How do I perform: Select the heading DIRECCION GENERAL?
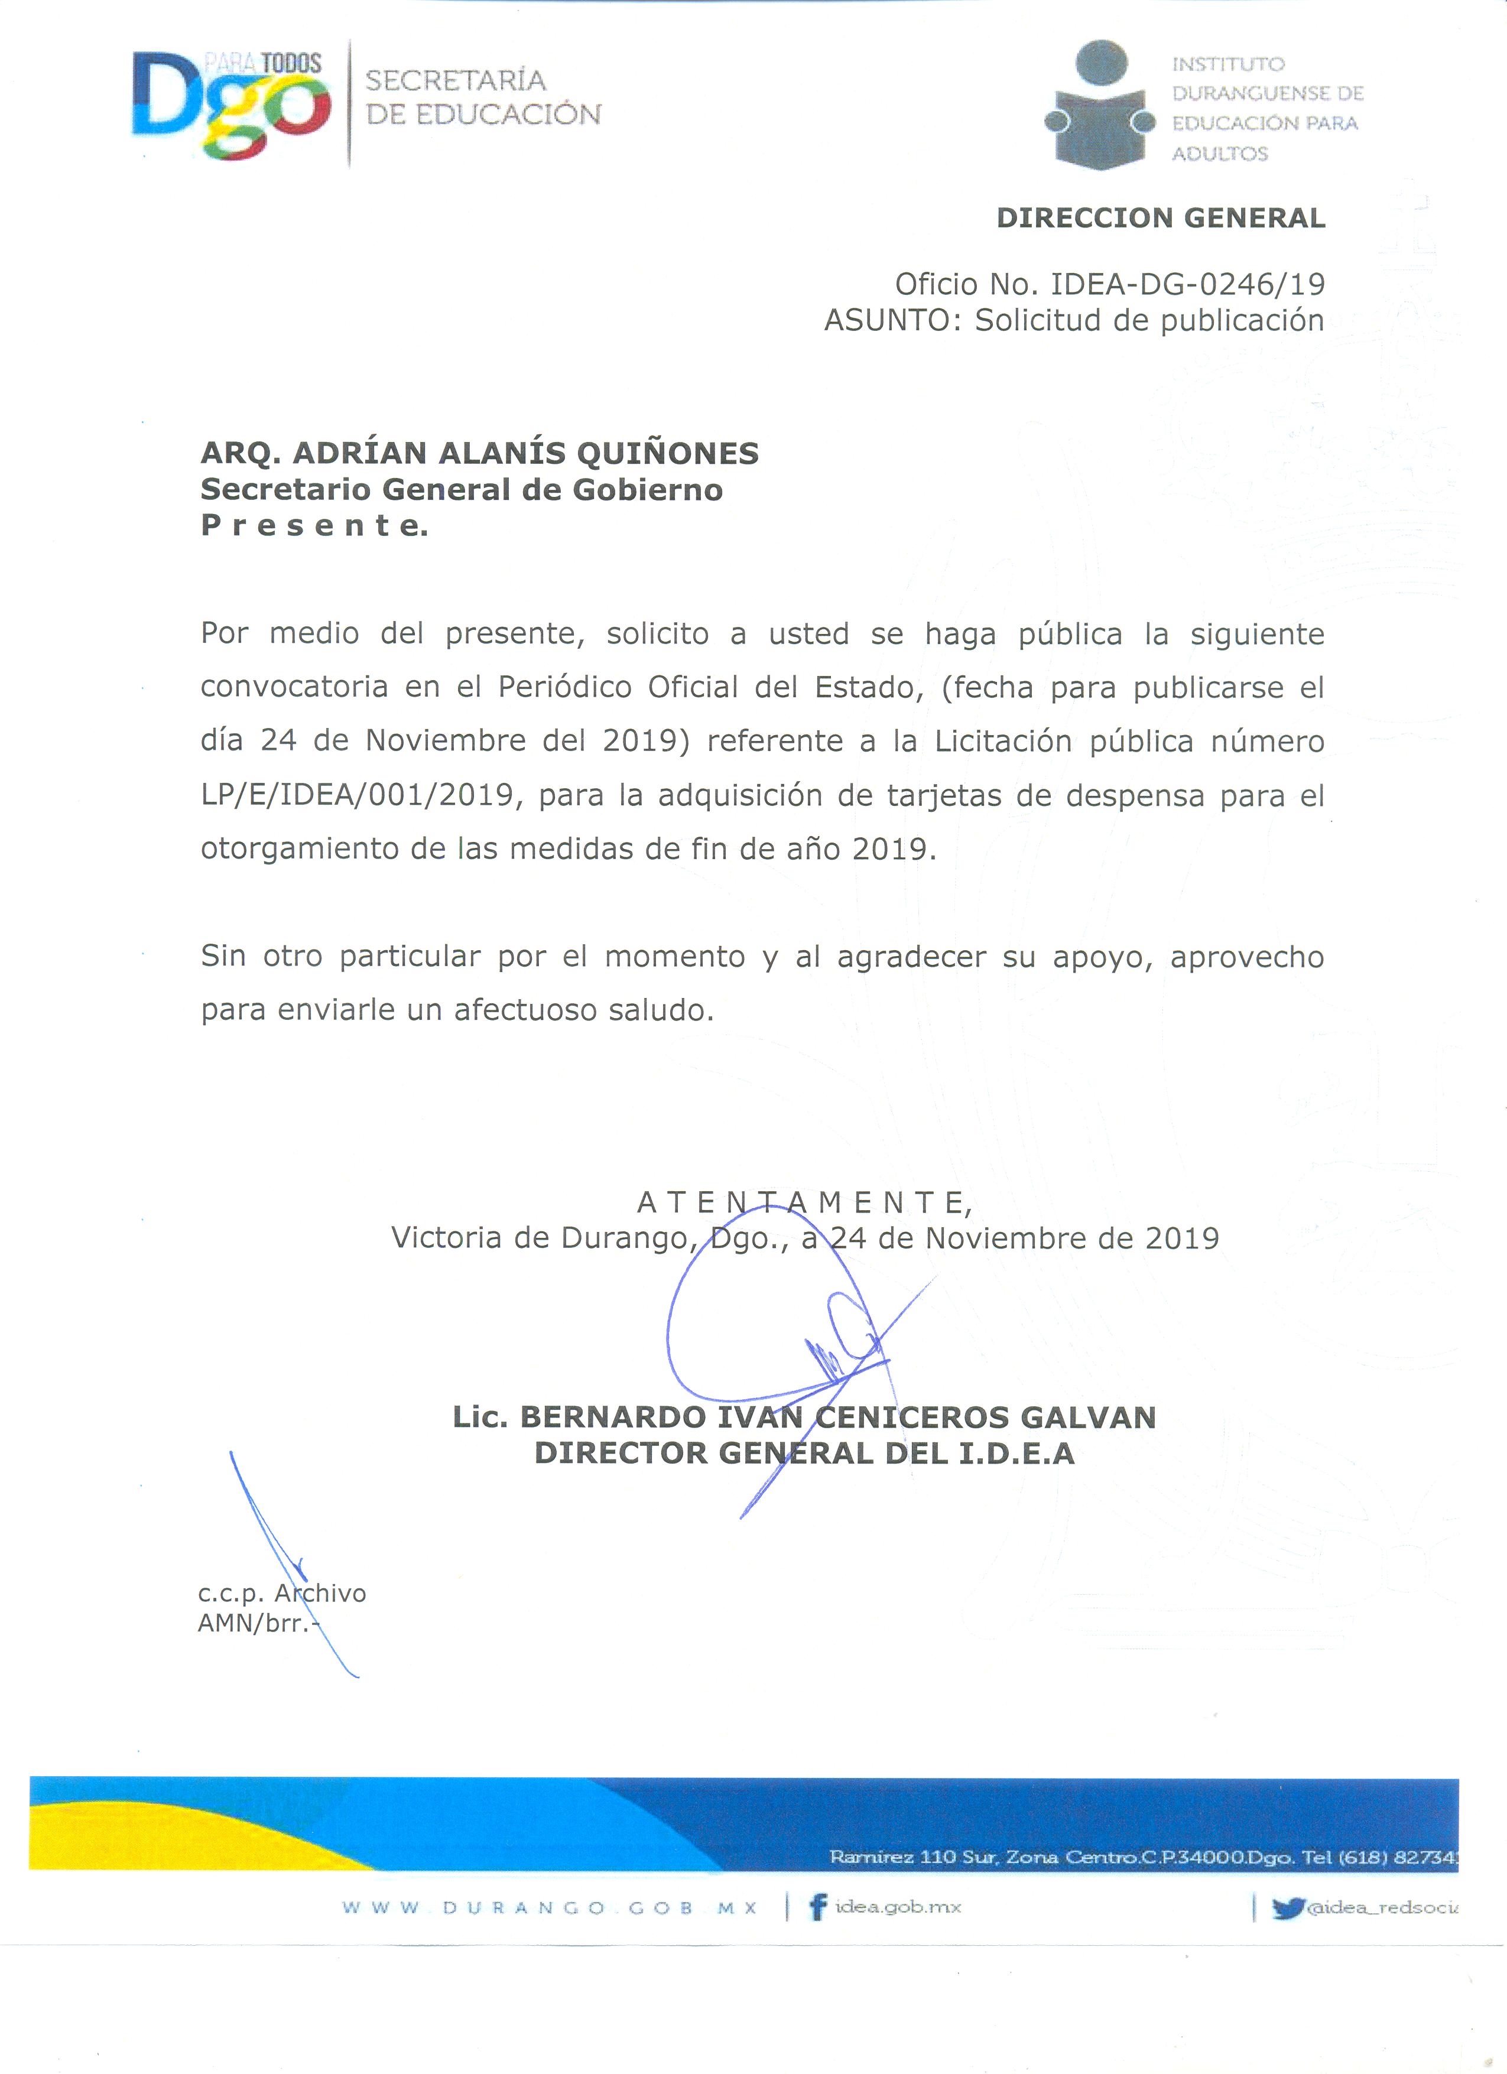(1161, 219)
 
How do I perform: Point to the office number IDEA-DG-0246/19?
(1187, 284)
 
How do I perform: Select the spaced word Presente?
(314, 526)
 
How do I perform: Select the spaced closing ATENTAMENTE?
(804, 1202)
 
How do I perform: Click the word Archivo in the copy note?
(320, 1593)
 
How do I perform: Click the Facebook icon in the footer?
(819, 1907)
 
